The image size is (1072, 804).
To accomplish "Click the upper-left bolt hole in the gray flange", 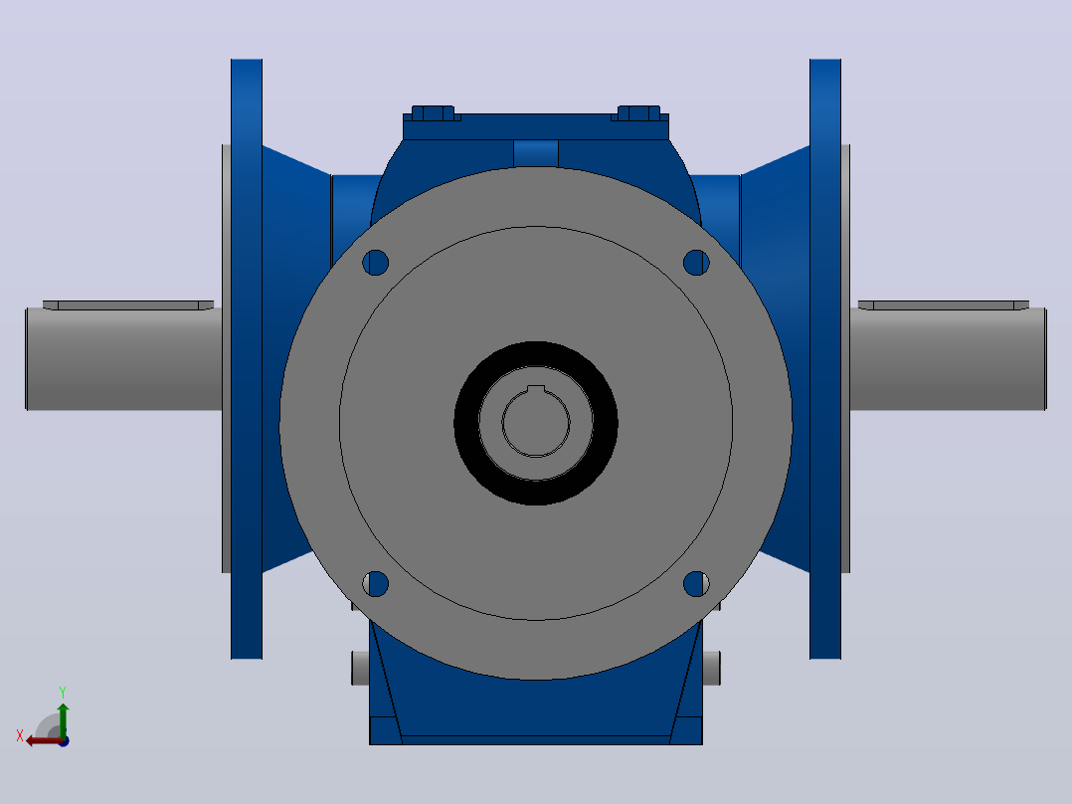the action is [375, 262].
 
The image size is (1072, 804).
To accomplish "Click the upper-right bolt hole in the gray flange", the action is [696, 262].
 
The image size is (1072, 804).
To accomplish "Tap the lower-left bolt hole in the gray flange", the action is [375, 584].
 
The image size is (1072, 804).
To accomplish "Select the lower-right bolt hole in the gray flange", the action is [696, 584].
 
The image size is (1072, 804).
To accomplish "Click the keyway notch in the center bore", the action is [536, 389].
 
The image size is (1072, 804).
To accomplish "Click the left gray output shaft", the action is [123, 359].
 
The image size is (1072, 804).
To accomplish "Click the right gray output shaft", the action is [948, 359].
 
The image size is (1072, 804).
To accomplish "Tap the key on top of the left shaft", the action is [128, 305].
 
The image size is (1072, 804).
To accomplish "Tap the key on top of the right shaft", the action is [944, 305].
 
